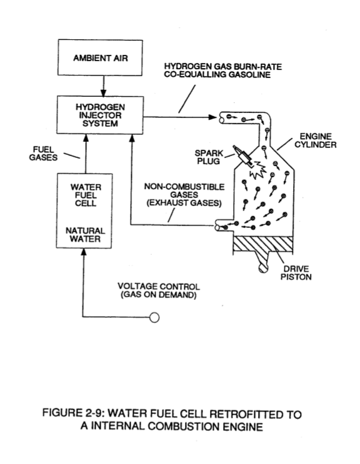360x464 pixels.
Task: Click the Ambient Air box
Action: (x=100, y=57)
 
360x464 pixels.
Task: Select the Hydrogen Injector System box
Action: (x=100, y=115)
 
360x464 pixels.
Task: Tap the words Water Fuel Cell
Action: (x=86, y=195)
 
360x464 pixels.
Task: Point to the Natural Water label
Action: (x=85, y=235)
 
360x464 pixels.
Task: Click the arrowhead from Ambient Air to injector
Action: (x=103, y=93)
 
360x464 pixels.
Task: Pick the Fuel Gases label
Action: (x=43, y=154)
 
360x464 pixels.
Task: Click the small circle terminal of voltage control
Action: (x=154, y=317)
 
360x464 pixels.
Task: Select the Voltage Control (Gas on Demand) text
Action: (x=159, y=290)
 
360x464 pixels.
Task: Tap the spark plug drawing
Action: (x=242, y=155)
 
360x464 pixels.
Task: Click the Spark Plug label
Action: (x=209, y=157)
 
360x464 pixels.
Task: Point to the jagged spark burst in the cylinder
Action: (x=257, y=170)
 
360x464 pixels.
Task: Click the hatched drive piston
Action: (x=263, y=244)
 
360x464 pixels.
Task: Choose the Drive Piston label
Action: (x=296, y=273)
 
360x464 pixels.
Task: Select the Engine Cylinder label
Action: (x=315, y=141)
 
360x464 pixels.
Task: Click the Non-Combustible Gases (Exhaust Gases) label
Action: (x=184, y=195)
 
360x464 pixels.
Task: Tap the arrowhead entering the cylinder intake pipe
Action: (x=213, y=117)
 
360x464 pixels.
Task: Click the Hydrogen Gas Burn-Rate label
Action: (x=222, y=71)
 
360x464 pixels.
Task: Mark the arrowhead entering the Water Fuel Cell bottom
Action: (x=84, y=252)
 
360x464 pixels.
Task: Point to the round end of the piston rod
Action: (x=263, y=268)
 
